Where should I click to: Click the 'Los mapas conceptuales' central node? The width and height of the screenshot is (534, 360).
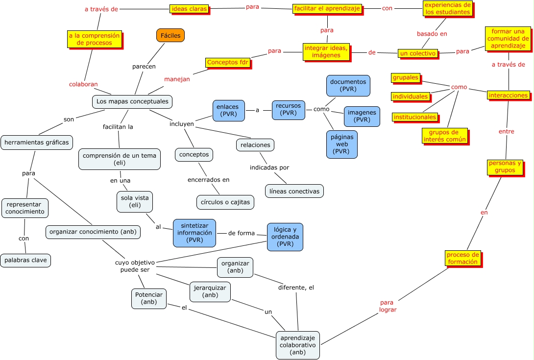[132, 101]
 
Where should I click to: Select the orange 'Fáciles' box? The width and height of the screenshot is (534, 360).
[170, 35]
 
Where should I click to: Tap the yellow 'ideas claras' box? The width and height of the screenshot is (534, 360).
[189, 8]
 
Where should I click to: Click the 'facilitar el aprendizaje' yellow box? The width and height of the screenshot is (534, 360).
[327, 8]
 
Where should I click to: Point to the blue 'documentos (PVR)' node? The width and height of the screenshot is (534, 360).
[348, 85]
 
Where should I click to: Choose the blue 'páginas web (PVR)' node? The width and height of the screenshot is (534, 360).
[341, 144]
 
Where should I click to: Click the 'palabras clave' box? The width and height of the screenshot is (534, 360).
[25, 260]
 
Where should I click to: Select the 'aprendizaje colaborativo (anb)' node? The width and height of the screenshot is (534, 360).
[297, 345]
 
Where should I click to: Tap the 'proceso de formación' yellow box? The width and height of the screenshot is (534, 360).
[462, 258]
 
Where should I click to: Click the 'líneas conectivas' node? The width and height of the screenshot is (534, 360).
[294, 191]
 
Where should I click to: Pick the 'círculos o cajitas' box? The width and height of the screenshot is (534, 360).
[225, 202]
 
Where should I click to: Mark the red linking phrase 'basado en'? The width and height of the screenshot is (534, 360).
[432, 34]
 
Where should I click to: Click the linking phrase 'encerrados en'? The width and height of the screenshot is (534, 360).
[208, 180]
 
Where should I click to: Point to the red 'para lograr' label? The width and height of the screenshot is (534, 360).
[388, 306]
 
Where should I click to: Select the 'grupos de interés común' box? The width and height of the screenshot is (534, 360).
[444, 136]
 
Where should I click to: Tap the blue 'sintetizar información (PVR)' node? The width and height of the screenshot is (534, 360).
[194, 233]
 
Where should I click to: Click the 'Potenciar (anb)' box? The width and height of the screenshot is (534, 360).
[149, 299]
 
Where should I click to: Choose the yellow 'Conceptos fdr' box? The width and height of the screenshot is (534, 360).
[228, 62]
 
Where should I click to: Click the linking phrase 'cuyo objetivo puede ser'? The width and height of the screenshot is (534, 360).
[135, 266]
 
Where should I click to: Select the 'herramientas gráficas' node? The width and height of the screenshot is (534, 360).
[37, 143]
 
